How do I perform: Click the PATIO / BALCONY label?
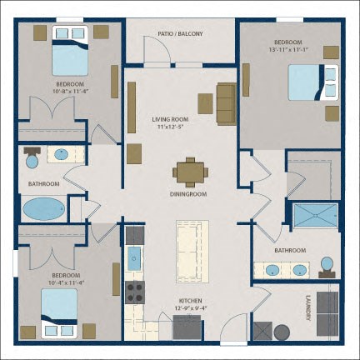coord(180,34)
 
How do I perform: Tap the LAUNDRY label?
coord(307,307)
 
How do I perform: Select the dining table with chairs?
coord(190,172)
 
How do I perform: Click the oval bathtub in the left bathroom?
coord(44,209)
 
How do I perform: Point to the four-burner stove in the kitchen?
coord(135,292)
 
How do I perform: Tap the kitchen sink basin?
coord(134,259)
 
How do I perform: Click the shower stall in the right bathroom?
coord(316,215)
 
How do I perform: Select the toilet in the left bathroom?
coord(32,157)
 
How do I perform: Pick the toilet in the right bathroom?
coord(327,267)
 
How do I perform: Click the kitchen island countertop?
coord(192,252)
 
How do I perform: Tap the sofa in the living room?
coord(227,103)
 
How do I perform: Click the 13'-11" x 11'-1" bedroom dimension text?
coord(288,50)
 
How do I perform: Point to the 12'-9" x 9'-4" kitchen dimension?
coord(190,307)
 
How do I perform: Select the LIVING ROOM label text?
coord(170,119)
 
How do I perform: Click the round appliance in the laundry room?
coord(282,332)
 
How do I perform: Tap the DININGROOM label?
coord(188,194)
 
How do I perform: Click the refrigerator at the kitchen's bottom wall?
coord(187,327)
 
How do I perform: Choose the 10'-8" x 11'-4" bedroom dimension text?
coord(70,91)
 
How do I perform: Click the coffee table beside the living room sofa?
coord(206,103)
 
